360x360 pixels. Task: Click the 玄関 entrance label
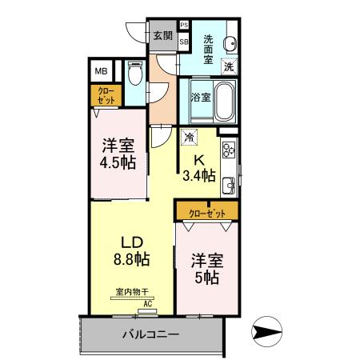pos(162,35)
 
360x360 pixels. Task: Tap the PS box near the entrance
pos(184,26)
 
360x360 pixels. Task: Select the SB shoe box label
pos(184,42)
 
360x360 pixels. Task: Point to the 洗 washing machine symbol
pos(229,67)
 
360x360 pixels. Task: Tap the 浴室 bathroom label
pos(201,98)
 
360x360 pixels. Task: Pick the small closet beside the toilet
pos(106,96)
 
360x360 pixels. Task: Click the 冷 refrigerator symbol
pos(189,138)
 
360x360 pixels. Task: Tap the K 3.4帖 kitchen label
pos(198,167)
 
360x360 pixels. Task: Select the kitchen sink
pos(230,186)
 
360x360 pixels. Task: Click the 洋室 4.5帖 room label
pos(118,154)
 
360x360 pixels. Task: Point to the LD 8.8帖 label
pos(130,250)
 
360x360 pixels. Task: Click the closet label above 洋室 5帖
pos(206,213)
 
